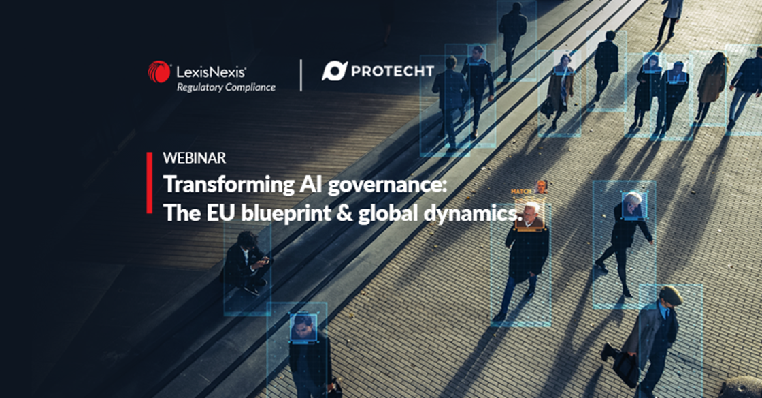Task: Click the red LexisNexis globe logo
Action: pos(159,72)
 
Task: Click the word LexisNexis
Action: pos(211,72)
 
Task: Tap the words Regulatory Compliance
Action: pos(226,87)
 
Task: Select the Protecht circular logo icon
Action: pos(334,71)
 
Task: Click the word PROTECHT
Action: pos(393,71)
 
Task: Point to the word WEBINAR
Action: pos(195,157)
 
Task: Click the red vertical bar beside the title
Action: pos(150,183)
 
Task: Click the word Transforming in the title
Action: pos(229,185)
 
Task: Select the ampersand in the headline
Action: pos(344,213)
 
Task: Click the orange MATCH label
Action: pos(521,192)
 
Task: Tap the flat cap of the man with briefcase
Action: pos(671,294)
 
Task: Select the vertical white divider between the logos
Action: pos(301,75)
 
